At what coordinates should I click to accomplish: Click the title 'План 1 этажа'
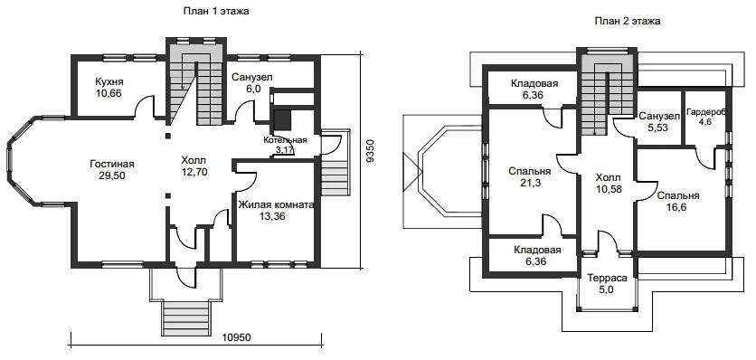pos(215,12)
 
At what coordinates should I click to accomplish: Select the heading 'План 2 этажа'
pos(628,21)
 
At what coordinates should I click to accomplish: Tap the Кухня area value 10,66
pos(109,93)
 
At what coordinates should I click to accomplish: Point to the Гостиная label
pos(112,164)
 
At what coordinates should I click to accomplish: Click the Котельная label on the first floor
pos(286,140)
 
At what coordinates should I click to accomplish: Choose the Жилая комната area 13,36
pos(272,217)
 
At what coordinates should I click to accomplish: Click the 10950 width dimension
pos(237,337)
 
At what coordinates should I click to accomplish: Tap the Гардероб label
pos(705,111)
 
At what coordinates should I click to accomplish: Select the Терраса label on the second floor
pos(607,279)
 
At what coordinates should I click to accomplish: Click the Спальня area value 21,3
pos(530,183)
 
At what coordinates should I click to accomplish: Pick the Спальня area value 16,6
pos(677,207)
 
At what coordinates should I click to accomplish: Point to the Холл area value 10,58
pos(609,189)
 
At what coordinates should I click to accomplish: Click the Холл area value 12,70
pos(194,171)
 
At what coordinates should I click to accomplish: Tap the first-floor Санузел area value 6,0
pos(251,89)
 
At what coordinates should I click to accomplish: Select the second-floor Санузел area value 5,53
pos(658,128)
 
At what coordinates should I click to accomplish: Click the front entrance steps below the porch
pos(186,318)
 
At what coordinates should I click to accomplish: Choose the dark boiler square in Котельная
pos(281,120)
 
